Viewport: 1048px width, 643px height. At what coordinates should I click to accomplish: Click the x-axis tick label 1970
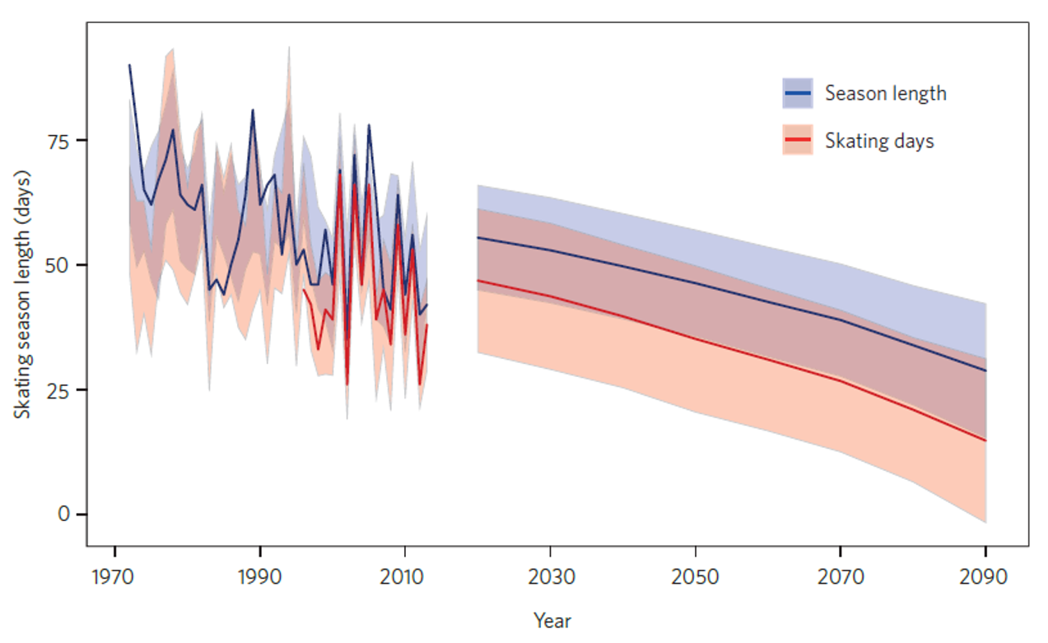coord(114,576)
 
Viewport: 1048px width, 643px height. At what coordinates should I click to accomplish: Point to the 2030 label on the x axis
coord(551,576)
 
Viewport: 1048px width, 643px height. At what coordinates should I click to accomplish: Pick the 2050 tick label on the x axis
coord(696,576)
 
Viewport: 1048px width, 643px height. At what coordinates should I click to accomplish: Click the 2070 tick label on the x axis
coord(841,576)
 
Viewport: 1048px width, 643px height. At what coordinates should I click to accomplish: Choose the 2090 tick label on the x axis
coord(985,576)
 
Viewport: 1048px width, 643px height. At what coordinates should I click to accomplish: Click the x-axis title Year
coord(552,620)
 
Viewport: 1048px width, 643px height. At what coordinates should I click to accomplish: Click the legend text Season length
coord(886,94)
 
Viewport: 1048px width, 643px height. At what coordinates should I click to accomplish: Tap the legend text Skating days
coord(879,141)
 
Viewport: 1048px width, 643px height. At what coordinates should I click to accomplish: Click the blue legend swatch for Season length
coord(797,94)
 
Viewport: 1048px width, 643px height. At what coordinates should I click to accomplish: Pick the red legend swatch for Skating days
coord(797,141)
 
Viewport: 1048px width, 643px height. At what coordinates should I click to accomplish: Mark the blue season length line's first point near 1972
coord(129,65)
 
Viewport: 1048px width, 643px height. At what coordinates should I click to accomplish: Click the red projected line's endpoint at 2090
coord(985,440)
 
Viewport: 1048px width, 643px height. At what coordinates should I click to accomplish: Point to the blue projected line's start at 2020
coord(478,237)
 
